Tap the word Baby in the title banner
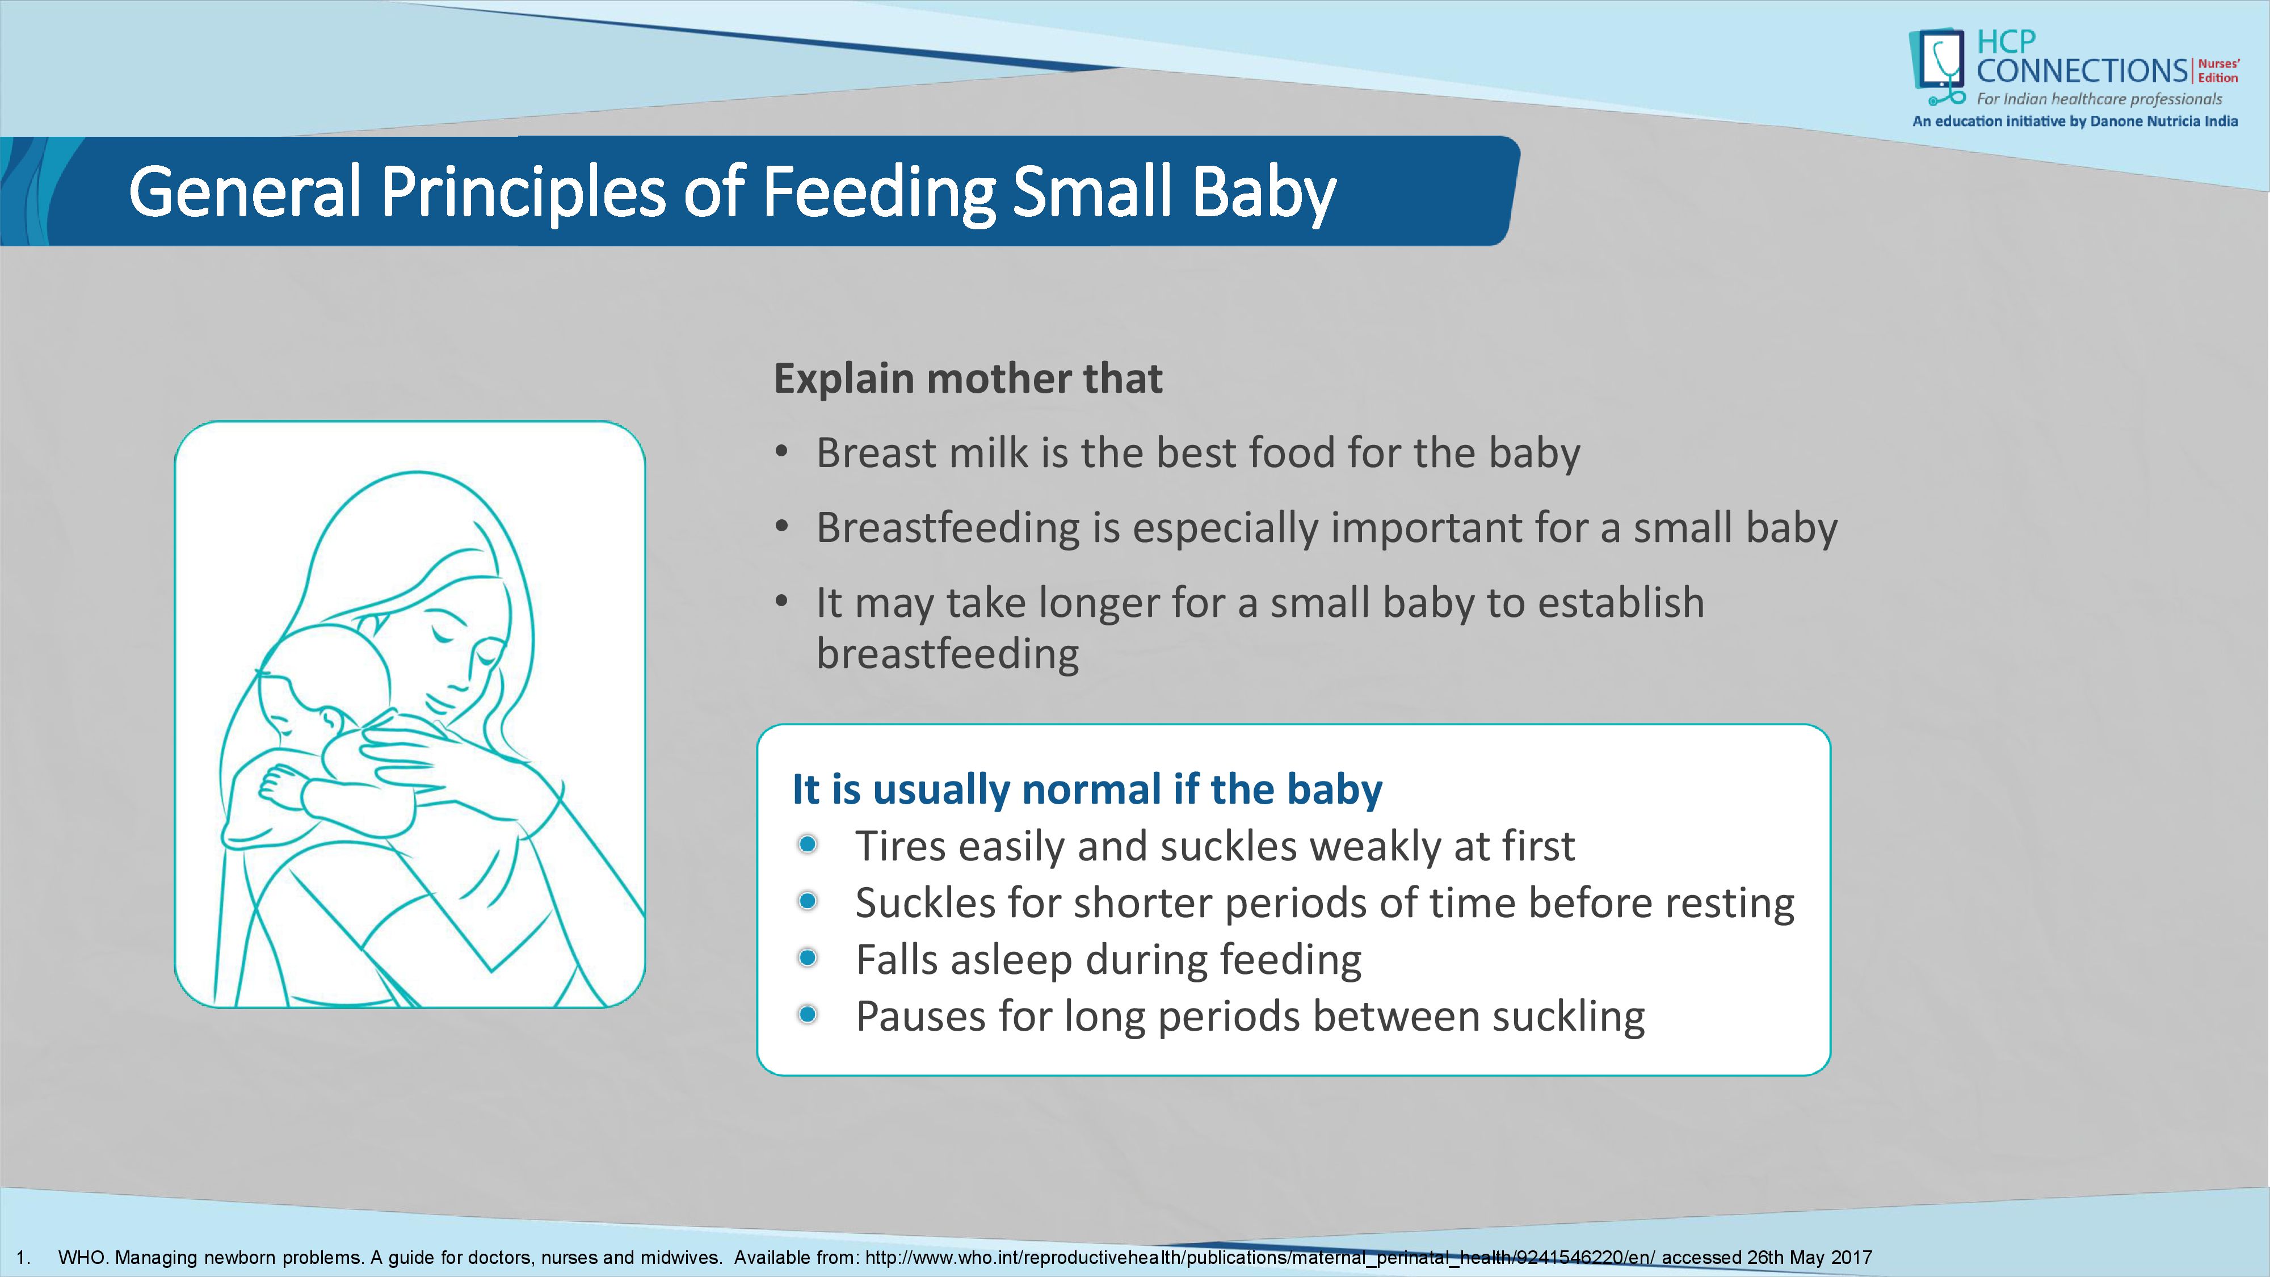[x=1264, y=193]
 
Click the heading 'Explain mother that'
[x=968, y=379]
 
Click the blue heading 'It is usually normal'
[x=1087, y=789]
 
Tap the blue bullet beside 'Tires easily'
[x=807, y=845]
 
